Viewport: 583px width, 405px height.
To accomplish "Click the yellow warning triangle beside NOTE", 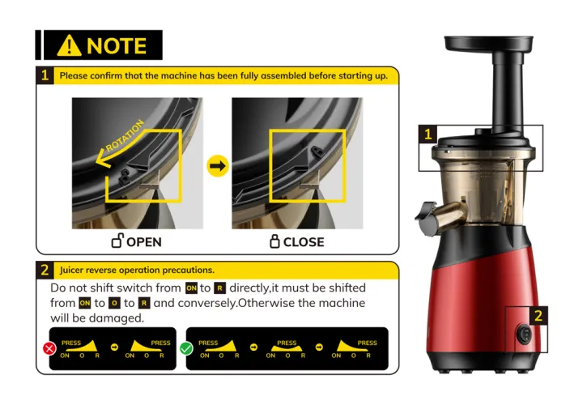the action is click(x=69, y=46).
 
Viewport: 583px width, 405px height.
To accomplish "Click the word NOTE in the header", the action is click(x=117, y=45).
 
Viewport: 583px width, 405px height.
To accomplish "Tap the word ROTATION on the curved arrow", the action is click(x=125, y=136).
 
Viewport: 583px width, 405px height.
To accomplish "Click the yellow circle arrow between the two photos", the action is click(x=218, y=166).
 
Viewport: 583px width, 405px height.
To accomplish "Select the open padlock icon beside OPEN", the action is click(x=117, y=241).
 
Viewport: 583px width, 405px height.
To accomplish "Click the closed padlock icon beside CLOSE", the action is click(x=274, y=241).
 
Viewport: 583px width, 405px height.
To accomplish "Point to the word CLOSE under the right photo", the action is click(x=304, y=242).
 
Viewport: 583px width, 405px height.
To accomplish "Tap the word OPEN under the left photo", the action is click(x=144, y=242).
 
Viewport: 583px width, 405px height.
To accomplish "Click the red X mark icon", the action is click(x=49, y=348).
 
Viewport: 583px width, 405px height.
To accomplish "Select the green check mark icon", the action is click(x=186, y=348).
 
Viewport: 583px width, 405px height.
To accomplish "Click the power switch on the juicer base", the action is click(x=524, y=334).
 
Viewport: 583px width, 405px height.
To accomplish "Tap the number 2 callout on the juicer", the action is click(x=538, y=316).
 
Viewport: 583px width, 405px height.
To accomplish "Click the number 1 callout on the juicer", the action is click(x=428, y=134).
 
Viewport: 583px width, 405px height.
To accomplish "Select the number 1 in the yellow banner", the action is click(x=45, y=75).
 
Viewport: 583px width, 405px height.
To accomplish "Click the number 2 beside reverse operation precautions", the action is click(x=45, y=270).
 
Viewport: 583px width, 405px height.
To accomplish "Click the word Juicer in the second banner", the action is click(x=72, y=270).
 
